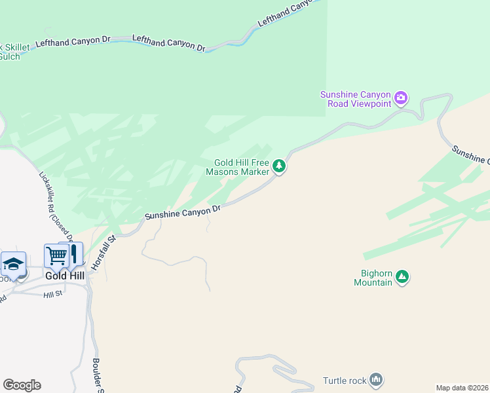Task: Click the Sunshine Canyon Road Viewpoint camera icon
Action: pos(401,99)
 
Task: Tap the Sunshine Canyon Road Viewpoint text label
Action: pos(355,99)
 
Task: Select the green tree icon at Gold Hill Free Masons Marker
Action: pos(279,166)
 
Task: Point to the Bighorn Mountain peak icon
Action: pos(403,277)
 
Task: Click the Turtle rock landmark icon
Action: pos(376,379)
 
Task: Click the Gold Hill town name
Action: pos(65,276)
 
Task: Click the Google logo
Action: pos(22,385)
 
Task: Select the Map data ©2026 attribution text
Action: pos(462,388)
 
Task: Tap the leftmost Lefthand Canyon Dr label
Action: pos(73,41)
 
